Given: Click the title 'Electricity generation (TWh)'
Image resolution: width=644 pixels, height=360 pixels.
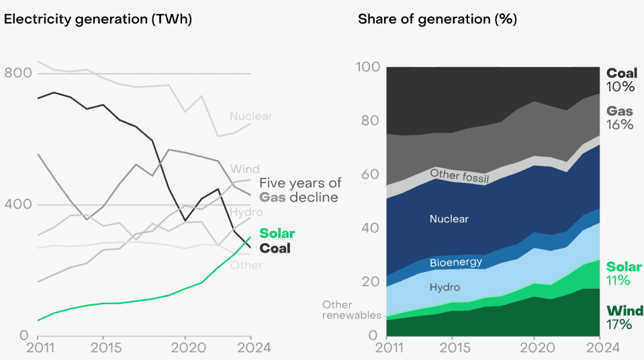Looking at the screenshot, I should coord(98,19).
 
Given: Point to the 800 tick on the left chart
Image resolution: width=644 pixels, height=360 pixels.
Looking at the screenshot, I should coord(18,73).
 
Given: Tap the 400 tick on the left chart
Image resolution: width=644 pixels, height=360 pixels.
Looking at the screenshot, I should coord(18,204).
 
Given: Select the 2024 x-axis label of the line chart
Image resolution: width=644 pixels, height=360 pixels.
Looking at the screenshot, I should coord(250,348).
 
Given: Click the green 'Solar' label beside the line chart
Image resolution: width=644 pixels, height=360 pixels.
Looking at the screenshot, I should coord(277,234).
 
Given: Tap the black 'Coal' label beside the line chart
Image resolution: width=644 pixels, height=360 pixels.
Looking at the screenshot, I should coord(275,249).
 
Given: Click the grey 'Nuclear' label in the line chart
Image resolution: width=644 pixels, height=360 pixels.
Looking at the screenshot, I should coord(250,116).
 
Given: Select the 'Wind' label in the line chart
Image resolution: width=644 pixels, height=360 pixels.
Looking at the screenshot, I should coord(244,169).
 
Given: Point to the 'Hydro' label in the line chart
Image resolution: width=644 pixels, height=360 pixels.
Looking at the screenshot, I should coord(246,212).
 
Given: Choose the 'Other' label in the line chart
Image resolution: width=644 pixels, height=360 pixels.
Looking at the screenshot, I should coord(246,265).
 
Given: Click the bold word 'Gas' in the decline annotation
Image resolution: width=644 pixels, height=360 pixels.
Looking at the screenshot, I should coord(273,197).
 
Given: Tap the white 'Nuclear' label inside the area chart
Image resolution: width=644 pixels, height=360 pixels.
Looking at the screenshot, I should coord(449,219).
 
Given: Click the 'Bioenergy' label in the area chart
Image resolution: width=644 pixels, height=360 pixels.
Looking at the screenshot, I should coord(456,262).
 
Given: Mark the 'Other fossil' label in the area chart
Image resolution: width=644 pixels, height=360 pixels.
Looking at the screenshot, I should coord(459,177).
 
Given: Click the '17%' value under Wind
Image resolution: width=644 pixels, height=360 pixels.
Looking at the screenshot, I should coord(619,325).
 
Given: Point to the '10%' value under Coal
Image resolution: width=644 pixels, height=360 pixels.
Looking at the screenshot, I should coord(619,87).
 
